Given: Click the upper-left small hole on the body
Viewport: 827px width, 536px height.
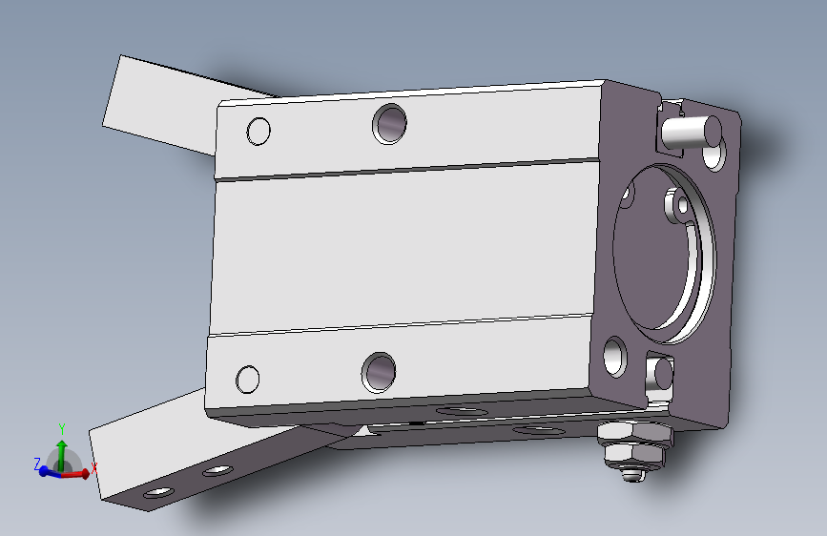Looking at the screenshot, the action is (258, 131).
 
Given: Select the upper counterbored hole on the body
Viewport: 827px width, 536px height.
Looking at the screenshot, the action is (389, 124).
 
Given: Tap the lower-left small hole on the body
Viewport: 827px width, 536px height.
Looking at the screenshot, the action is (248, 380).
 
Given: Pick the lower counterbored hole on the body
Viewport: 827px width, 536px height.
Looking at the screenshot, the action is (378, 372).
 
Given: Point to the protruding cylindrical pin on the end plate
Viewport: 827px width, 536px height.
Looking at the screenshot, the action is (691, 132).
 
